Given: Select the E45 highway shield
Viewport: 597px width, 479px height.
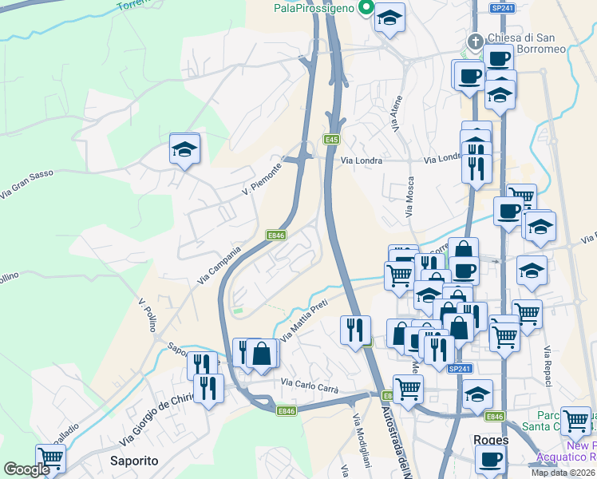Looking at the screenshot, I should click(x=332, y=140).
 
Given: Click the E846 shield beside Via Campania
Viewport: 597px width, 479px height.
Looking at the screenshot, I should click(x=276, y=235).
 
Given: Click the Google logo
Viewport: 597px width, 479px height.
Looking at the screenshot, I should click(x=26, y=469).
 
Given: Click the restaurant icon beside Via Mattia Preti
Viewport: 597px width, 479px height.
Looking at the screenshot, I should click(x=355, y=329).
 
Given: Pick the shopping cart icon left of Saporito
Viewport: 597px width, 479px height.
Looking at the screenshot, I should click(x=50, y=458).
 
